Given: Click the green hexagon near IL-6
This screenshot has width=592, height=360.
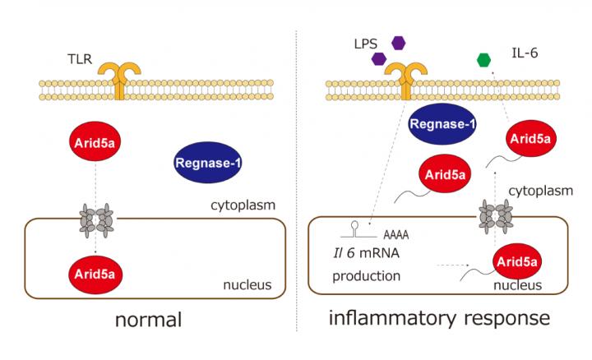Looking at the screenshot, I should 484,59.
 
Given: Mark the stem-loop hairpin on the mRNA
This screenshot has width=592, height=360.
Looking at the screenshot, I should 355,225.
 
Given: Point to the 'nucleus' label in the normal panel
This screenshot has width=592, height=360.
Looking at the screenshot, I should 247,286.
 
